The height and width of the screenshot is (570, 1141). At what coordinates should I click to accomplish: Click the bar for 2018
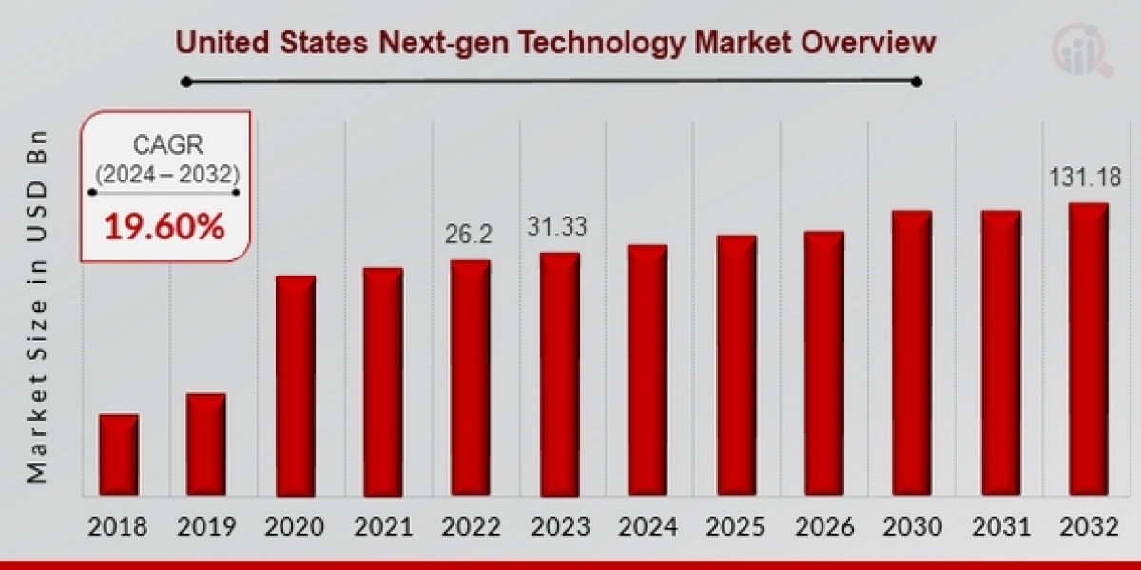coord(119,455)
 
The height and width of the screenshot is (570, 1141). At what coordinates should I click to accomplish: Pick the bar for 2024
coord(647,370)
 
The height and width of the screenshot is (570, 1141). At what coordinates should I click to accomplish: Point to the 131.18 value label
coord(1085,178)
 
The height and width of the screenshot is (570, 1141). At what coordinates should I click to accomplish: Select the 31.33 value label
coord(557,227)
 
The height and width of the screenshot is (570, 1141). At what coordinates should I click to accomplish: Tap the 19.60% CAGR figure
coord(164,227)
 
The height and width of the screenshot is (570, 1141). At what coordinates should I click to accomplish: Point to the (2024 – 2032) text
coord(164,174)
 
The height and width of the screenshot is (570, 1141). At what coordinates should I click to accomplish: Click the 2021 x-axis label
coord(382,526)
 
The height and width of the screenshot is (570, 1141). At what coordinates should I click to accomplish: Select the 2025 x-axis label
coord(735,526)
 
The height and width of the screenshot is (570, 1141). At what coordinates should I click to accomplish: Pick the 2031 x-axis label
coord(1000,526)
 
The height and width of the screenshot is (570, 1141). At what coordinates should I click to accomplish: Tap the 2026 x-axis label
coord(823,526)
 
